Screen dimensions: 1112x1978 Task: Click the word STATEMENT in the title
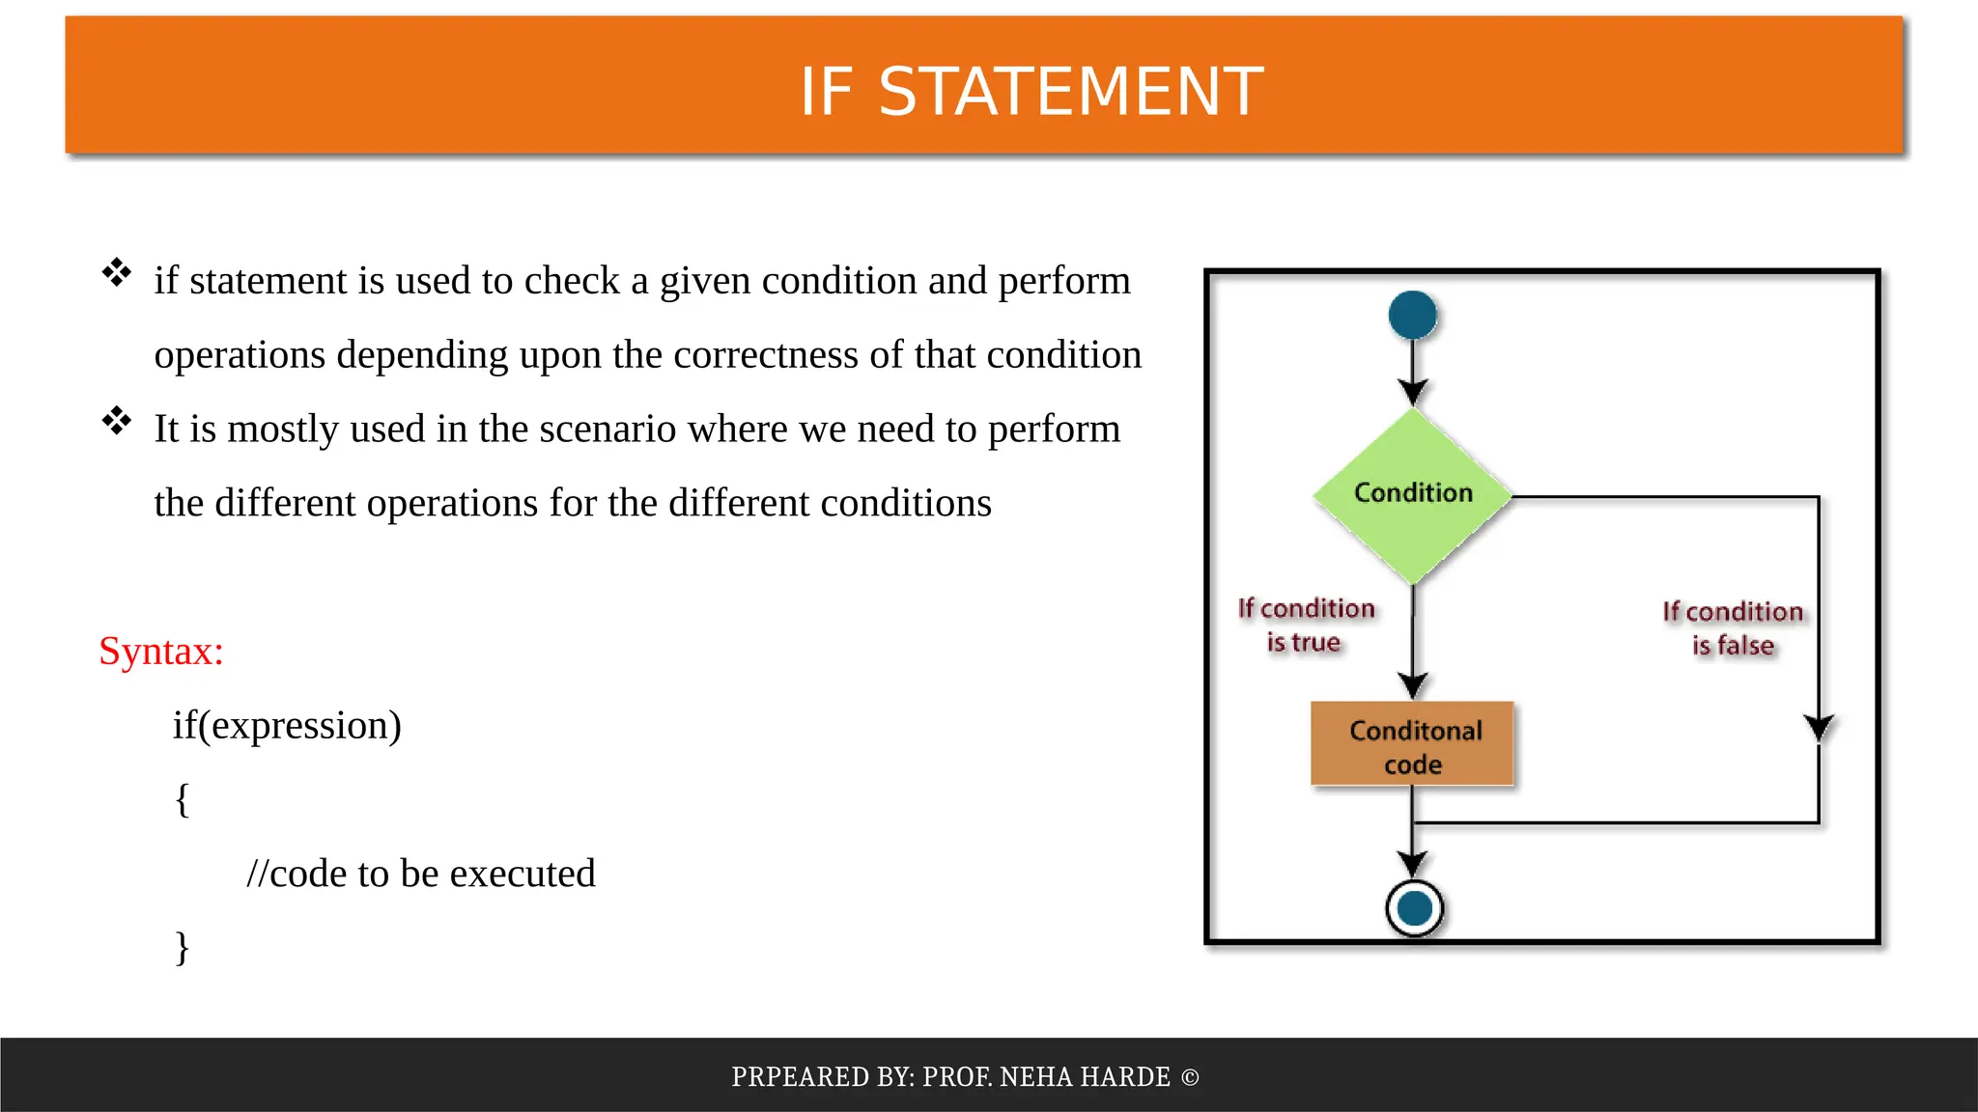click(1070, 93)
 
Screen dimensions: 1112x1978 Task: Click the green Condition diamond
click(1412, 494)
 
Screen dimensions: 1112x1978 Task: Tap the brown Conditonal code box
click(1412, 745)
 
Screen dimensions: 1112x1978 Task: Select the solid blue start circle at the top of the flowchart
click(1412, 315)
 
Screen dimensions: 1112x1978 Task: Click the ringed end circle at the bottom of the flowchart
click(1414, 908)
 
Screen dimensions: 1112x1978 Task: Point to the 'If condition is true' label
click(1306, 625)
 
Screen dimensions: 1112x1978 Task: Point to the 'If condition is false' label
click(1733, 628)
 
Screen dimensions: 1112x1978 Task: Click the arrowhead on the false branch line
click(1819, 728)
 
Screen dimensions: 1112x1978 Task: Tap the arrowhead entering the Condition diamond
click(1412, 392)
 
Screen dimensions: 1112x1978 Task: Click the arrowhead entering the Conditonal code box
click(1412, 686)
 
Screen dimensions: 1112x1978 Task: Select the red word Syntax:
click(161, 652)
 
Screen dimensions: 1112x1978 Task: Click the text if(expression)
click(287, 726)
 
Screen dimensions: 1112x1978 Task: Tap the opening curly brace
click(182, 800)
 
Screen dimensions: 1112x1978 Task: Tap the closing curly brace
click(182, 948)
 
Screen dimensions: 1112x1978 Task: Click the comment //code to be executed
click(421, 874)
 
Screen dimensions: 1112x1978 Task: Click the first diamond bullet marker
click(117, 273)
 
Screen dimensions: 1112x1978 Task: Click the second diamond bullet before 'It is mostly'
click(117, 421)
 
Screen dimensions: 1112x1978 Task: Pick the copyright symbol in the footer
click(1190, 1077)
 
